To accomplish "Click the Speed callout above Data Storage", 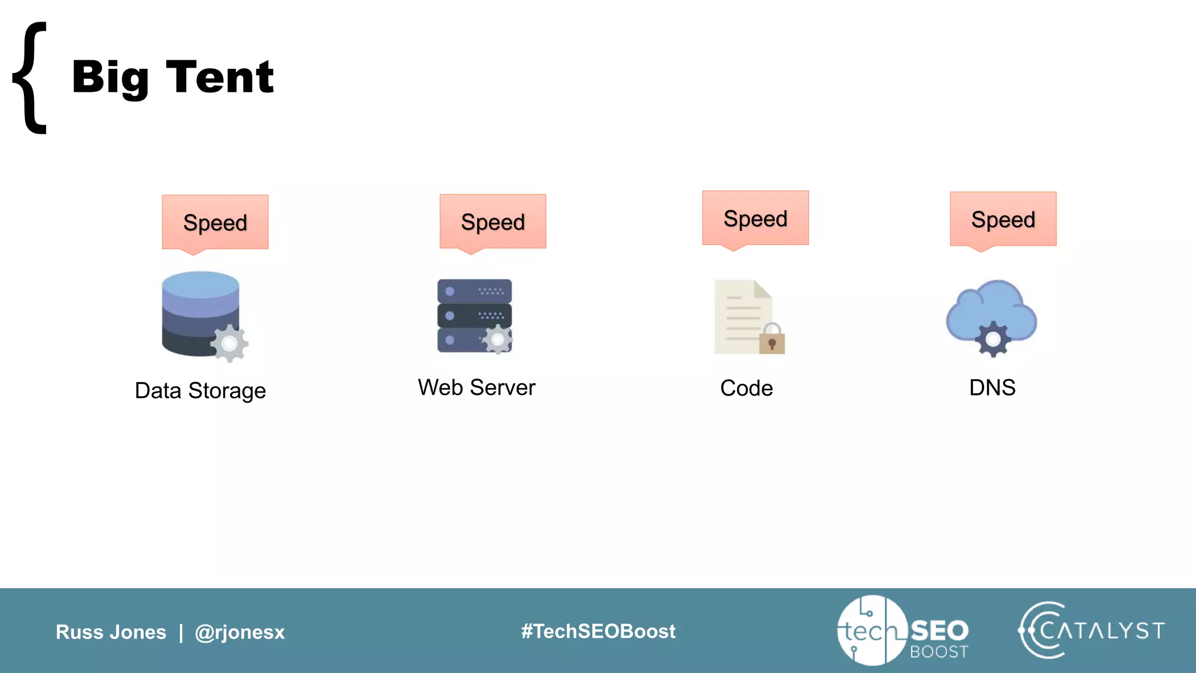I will coord(215,223).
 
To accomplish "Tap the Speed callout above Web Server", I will coord(493,222).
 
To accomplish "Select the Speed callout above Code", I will coord(755,218).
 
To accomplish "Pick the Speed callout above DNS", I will coord(1003,220).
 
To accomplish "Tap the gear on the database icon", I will coord(230,344).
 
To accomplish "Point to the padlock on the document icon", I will coord(772,340).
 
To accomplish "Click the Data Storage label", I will coord(200,391).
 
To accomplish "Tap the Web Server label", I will coord(477,388).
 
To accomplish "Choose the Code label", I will coord(746,388).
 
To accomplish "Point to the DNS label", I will coord(992,388).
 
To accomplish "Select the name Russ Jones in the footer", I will coord(111,632).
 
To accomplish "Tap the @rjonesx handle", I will coord(239,632).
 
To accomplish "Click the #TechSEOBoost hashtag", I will coord(598,632).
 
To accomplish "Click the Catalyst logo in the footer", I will coord(1091,630).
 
